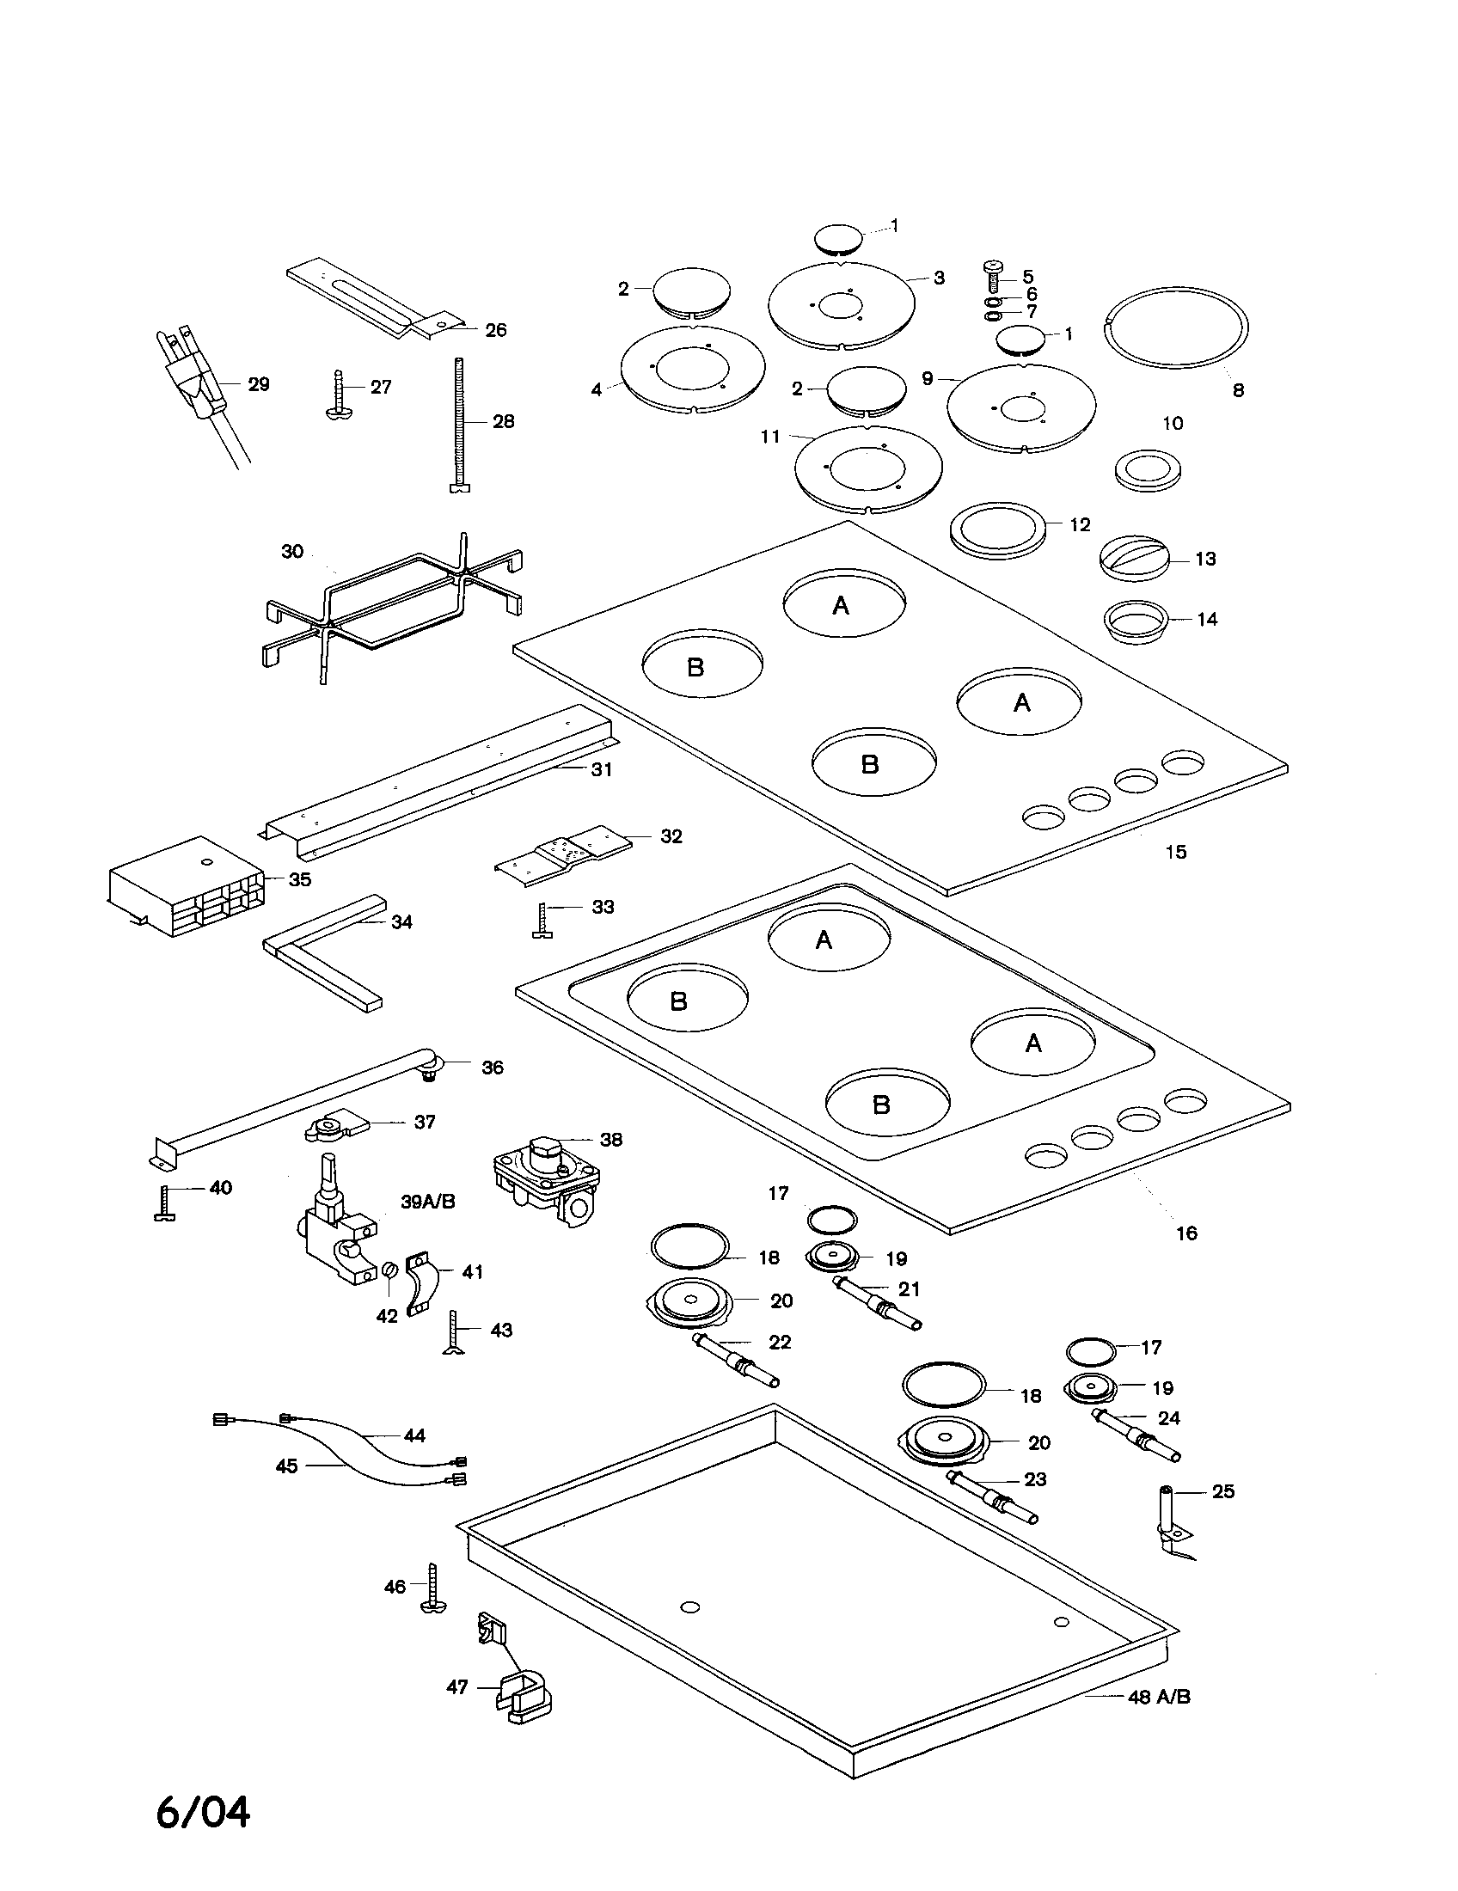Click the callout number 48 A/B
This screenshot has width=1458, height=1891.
click(x=1159, y=1697)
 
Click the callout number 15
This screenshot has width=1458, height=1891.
click(x=1175, y=852)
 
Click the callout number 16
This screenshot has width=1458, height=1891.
click(x=1185, y=1233)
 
